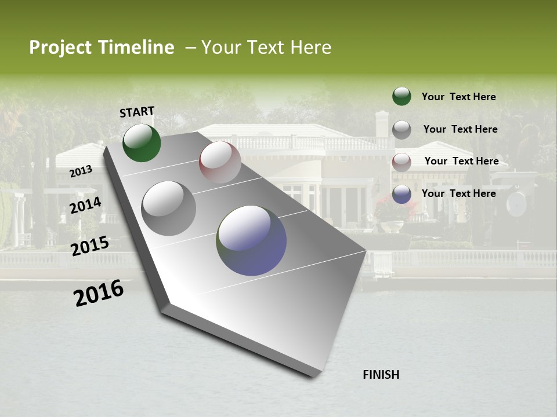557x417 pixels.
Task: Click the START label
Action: tap(137, 112)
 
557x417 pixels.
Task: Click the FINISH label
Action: tap(381, 375)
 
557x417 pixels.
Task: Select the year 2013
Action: tap(81, 171)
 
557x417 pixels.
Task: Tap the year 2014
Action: tap(86, 205)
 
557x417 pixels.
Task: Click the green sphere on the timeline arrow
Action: tap(142, 142)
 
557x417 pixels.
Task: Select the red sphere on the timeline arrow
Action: tap(220, 162)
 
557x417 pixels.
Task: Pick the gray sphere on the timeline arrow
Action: tap(169, 208)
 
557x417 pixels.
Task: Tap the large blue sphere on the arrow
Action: tap(251, 240)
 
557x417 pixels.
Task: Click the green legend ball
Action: tap(402, 96)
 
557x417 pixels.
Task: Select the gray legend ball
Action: tap(402, 130)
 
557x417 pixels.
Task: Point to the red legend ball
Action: tap(402, 162)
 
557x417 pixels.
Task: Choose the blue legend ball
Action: tap(402, 194)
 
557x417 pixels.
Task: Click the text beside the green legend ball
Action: tap(458, 97)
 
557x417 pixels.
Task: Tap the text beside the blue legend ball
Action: tap(458, 193)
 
